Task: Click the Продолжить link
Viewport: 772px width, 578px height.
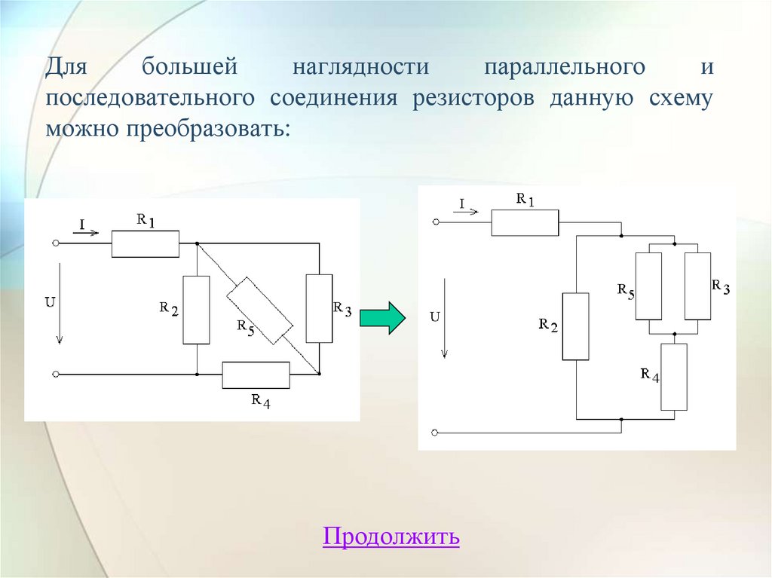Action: (x=391, y=537)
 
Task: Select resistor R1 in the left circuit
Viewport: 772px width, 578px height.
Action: (x=146, y=244)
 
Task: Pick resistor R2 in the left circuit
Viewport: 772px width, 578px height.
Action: (x=196, y=310)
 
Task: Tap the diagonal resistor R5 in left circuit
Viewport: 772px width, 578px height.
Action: (x=260, y=309)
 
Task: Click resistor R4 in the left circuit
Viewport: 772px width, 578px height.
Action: (x=256, y=375)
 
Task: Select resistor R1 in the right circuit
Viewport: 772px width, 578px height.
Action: (x=525, y=223)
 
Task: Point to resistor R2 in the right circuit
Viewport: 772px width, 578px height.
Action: (x=575, y=326)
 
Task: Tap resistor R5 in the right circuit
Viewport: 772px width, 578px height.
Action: (x=649, y=286)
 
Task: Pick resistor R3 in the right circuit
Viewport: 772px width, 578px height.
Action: (x=697, y=286)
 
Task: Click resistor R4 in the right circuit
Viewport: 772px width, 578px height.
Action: (x=674, y=377)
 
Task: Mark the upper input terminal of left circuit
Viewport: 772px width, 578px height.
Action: (x=56, y=243)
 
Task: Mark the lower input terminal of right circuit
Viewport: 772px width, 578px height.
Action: (x=436, y=433)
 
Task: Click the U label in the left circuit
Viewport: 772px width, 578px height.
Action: (x=50, y=302)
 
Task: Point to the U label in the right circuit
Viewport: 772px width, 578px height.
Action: (x=434, y=317)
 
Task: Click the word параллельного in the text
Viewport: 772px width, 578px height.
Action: (x=564, y=68)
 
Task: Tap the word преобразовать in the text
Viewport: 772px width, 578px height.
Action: (x=202, y=129)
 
